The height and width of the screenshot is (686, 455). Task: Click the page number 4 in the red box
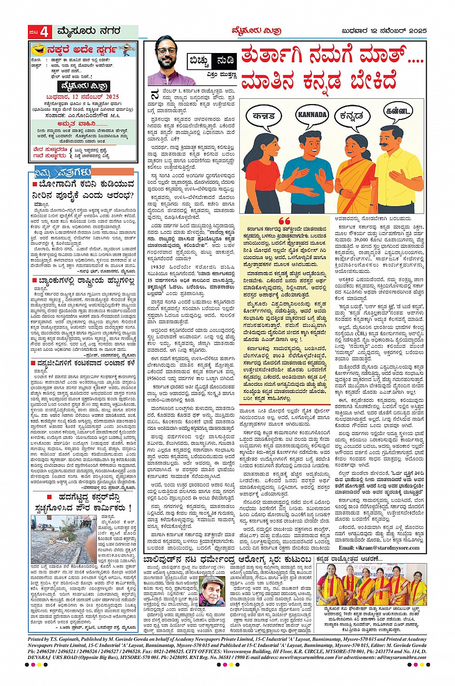[44, 32]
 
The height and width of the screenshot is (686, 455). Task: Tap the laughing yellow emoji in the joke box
[36, 49]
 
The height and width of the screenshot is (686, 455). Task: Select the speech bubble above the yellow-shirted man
[398, 112]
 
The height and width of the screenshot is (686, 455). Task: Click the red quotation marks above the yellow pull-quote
[284, 221]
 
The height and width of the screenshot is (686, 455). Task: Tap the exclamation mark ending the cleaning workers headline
[130, 508]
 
